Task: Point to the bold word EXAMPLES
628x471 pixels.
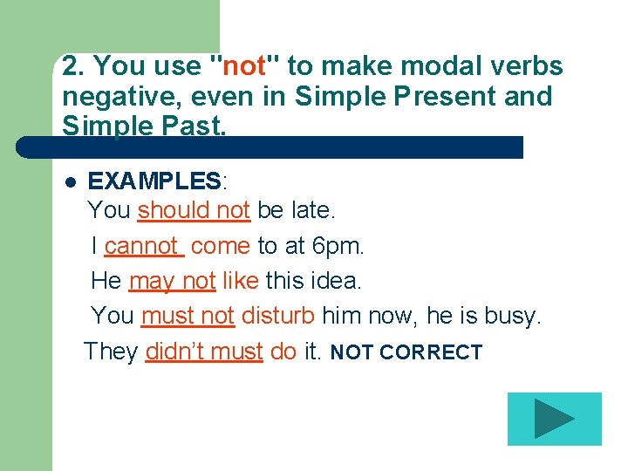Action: coord(155,181)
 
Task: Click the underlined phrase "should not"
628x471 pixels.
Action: coord(194,210)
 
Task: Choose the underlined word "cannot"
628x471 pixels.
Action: coord(142,246)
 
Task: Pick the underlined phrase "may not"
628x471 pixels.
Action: coord(172,281)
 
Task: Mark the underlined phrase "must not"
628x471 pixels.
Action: coord(188,316)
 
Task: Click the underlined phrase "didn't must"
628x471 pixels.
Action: coord(204,352)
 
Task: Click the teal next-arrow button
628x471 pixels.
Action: coord(555,419)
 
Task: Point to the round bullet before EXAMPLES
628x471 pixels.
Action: coord(70,182)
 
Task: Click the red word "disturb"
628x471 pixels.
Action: coord(278,316)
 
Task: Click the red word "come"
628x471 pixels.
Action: coord(220,246)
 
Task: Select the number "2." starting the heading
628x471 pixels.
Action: coord(73,66)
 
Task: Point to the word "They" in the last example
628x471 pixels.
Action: coord(111,352)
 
